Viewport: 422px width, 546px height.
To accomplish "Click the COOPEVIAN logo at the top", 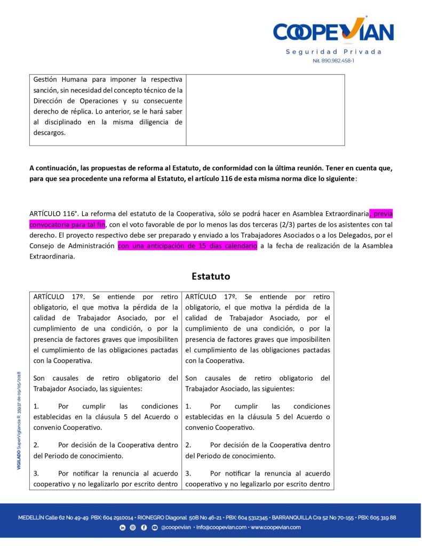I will coord(333,31).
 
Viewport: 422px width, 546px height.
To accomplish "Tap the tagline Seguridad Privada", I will coord(333,52).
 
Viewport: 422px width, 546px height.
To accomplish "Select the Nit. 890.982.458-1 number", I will coord(333,61).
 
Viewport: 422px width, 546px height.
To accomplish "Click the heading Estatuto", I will coord(211,276).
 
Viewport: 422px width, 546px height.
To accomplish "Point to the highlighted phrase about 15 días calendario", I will coord(187,246).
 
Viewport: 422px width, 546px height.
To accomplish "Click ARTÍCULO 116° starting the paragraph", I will coord(53,214).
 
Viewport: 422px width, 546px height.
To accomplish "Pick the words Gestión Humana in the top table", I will coord(58,79).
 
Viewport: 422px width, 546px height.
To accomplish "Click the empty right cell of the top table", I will coord(265,109).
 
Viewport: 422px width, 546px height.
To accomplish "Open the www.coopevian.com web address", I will coord(275,527).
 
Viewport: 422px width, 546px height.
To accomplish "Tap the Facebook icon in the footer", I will coord(144,527).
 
